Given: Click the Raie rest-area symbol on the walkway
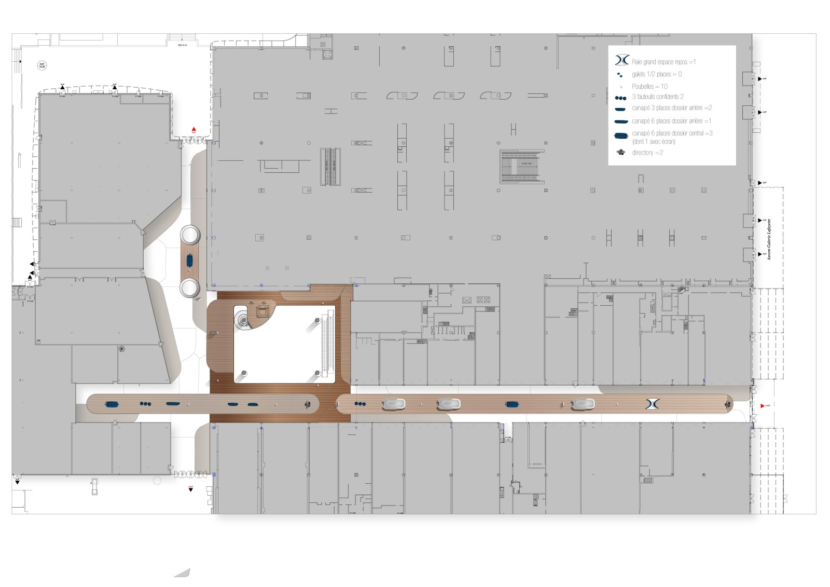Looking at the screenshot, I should tap(652, 403).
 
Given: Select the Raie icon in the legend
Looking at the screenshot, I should tap(621, 61).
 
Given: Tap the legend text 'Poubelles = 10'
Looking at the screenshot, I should tap(649, 87).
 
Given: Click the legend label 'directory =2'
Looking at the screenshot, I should tap(647, 153).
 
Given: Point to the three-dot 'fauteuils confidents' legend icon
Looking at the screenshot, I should tap(620, 98).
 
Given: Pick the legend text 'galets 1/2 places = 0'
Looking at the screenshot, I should tap(656, 74).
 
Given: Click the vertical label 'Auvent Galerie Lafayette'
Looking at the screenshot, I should tap(769, 239).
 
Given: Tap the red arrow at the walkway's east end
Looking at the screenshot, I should tap(762, 405).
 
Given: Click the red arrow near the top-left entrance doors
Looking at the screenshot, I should tap(193, 129).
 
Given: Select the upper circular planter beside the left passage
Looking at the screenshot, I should tap(190, 235).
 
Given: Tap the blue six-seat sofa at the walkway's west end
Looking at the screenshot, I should tap(112, 404).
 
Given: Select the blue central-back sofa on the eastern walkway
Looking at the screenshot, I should tap(512, 404).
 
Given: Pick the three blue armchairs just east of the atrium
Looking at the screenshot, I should tap(359, 404).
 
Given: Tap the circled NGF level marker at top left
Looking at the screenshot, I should tap(41, 65).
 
